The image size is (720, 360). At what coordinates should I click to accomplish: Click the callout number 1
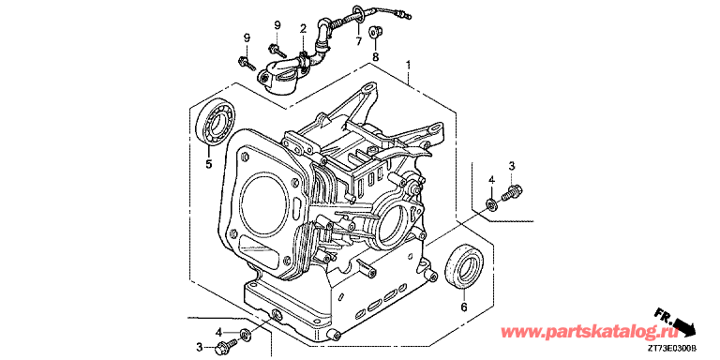(408, 65)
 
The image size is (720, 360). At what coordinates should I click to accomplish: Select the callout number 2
(303, 29)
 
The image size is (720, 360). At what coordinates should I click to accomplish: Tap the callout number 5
(209, 163)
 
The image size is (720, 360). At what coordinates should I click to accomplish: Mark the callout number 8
(375, 57)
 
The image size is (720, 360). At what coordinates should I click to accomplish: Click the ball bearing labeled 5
(216, 124)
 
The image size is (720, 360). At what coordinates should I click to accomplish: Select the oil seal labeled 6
(464, 266)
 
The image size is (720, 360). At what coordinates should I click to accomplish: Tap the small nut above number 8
(374, 32)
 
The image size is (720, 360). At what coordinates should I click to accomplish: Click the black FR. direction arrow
(683, 324)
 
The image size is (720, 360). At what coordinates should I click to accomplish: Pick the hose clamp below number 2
(302, 60)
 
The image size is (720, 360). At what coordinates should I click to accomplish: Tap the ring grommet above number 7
(358, 13)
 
